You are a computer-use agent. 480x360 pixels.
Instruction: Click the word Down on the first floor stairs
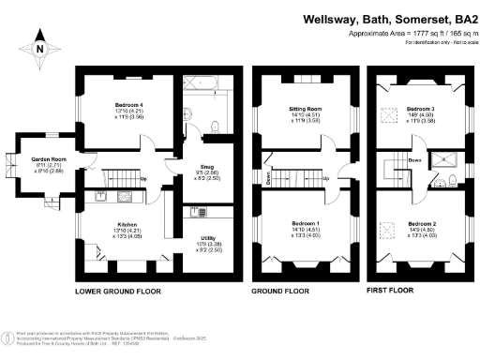[x=413, y=160]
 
